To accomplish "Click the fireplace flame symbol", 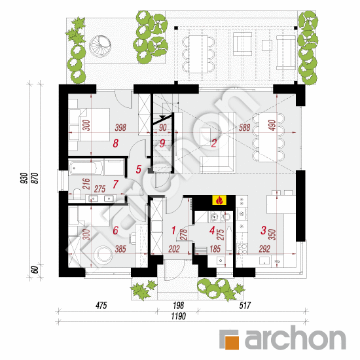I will [219, 201].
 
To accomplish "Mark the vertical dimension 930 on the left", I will [24, 177].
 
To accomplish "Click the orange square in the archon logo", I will [231, 339].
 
